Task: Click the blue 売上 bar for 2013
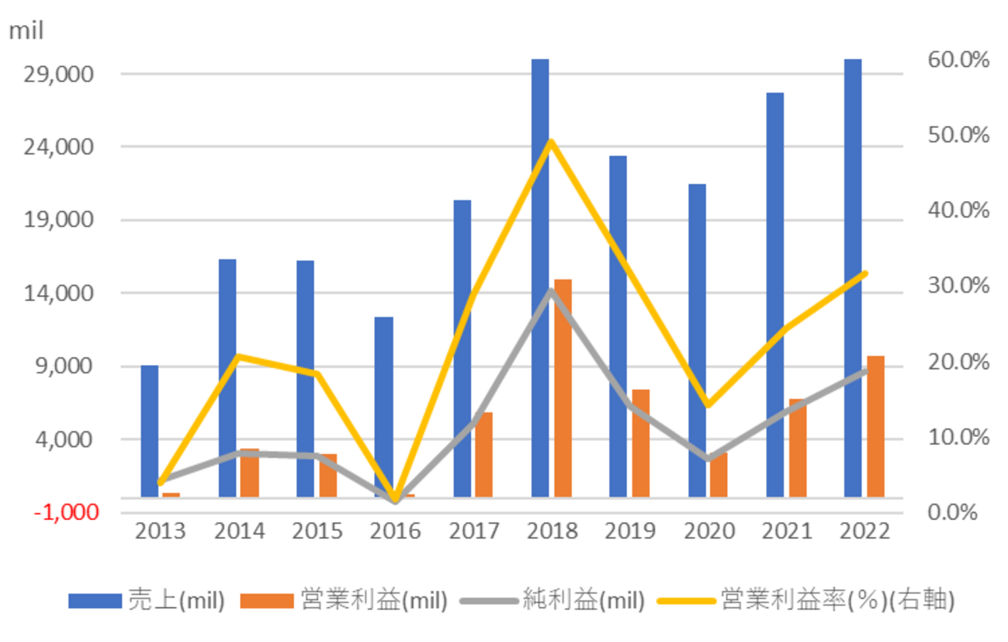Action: [150, 431]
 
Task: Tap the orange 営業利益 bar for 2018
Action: [563, 388]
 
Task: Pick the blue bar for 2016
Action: [383, 407]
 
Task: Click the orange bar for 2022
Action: [875, 426]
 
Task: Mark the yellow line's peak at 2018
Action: [550, 141]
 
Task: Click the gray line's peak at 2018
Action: [550, 291]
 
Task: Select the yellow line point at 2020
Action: [707, 404]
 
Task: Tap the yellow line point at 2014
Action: [238, 356]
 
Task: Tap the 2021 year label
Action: [786, 531]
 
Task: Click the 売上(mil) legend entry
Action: [147, 600]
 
